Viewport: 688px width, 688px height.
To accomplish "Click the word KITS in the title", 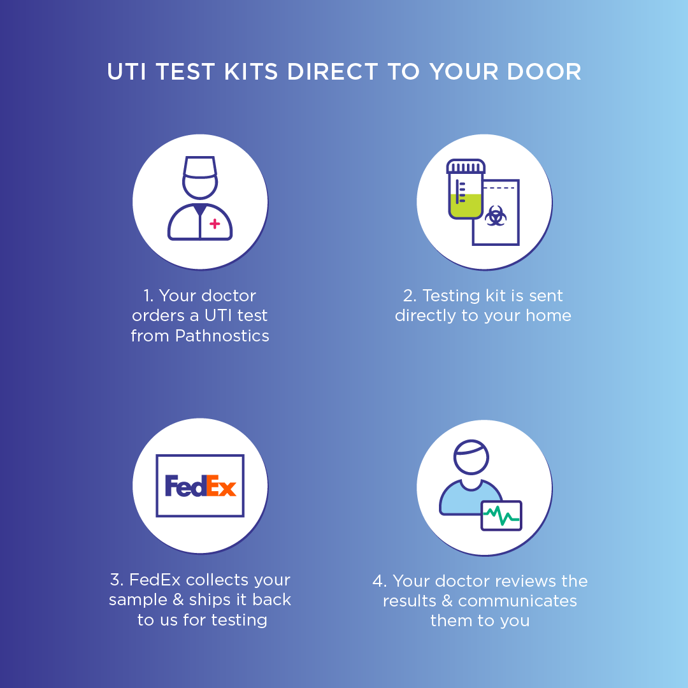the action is [x=251, y=71].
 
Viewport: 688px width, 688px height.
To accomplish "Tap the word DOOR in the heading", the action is [x=544, y=71].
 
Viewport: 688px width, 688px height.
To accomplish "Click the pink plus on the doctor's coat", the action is [x=215, y=224].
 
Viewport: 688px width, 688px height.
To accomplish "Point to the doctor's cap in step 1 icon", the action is [x=200, y=167].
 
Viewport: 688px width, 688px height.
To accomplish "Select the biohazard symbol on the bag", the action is [x=496, y=216].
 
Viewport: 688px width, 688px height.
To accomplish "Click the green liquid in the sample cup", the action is [x=465, y=206].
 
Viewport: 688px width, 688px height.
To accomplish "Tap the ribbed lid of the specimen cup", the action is [x=466, y=166].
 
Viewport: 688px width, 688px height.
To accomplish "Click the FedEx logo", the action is [x=200, y=485].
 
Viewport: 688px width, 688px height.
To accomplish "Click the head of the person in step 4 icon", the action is [x=471, y=457].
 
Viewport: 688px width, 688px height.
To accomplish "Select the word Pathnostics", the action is [x=222, y=336].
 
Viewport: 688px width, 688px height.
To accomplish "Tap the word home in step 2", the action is [x=548, y=315].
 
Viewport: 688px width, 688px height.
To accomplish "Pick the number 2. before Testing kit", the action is [x=410, y=296].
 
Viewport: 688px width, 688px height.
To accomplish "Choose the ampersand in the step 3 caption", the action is [x=178, y=600].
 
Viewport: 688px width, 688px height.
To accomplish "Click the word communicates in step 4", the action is [x=517, y=601].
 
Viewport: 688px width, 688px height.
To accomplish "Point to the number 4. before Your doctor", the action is [x=380, y=581].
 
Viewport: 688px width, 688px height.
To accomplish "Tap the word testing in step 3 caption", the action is [x=239, y=620].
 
